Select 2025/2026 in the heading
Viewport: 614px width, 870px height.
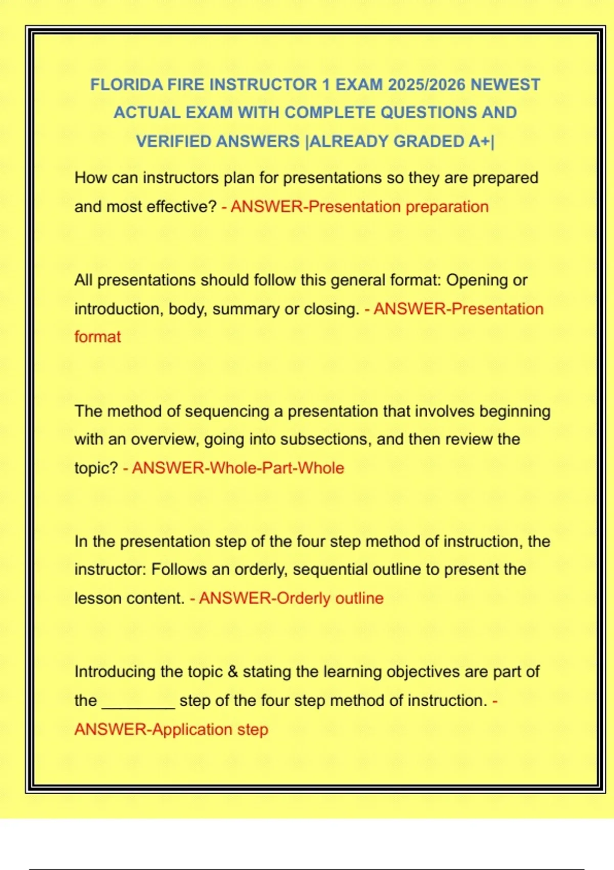(426, 84)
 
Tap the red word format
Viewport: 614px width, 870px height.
(98, 337)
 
